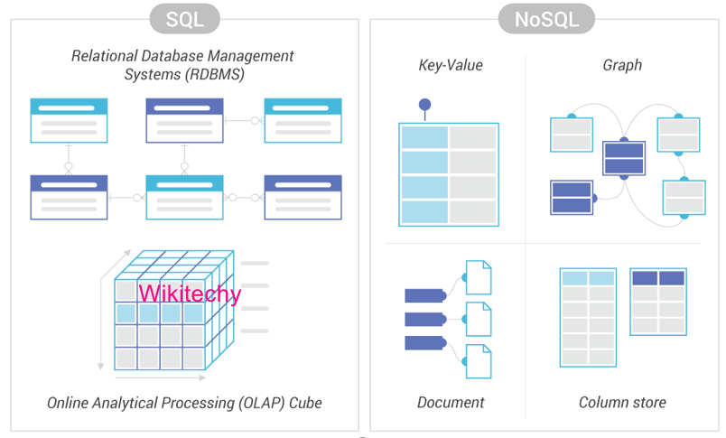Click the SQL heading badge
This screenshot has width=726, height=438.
185,18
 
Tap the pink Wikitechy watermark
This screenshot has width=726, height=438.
190,294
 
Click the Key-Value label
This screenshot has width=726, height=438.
451,65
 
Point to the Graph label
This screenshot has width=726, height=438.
622,65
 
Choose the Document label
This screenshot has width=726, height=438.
451,402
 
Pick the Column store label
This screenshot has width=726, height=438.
622,402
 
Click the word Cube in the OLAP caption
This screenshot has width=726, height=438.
304,402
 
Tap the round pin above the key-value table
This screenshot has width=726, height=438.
424,105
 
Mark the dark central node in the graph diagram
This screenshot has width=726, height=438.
623,158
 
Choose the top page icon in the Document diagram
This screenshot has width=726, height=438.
478,277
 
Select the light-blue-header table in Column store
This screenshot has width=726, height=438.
588,316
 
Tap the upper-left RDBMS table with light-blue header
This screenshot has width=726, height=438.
69,120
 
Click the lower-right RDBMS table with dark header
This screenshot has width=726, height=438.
302,197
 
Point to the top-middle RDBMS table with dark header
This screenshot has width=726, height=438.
184,120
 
